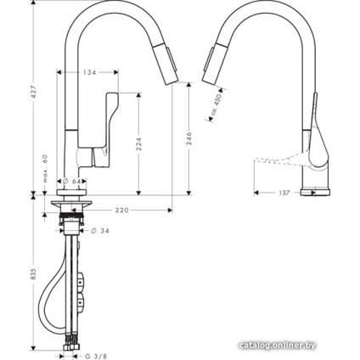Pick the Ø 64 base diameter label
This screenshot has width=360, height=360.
(71, 181)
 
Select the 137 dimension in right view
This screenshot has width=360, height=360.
(285, 193)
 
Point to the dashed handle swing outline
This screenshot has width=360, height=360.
(276, 160)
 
